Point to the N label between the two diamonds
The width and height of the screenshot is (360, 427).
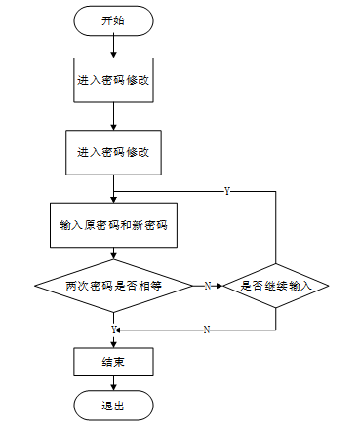[x=208, y=286]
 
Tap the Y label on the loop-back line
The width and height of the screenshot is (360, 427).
[x=227, y=191]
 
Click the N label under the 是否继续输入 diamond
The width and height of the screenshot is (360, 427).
[x=207, y=330]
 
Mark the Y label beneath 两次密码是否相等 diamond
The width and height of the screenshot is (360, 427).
[x=113, y=330]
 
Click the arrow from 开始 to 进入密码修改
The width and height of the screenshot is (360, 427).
[x=113, y=47]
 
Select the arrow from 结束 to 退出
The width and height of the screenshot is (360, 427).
[x=113, y=383]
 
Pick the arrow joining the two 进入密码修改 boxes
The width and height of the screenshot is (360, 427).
[x=113, y=116]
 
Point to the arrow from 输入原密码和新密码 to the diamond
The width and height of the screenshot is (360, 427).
[x=113, y=253]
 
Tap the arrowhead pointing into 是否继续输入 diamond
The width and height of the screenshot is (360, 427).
[x=220, y=286]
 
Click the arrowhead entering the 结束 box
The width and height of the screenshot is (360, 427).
[x=113, y=344]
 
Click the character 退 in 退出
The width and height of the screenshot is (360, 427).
[x=107, y=406]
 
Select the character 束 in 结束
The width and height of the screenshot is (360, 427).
[x=119, y=362]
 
